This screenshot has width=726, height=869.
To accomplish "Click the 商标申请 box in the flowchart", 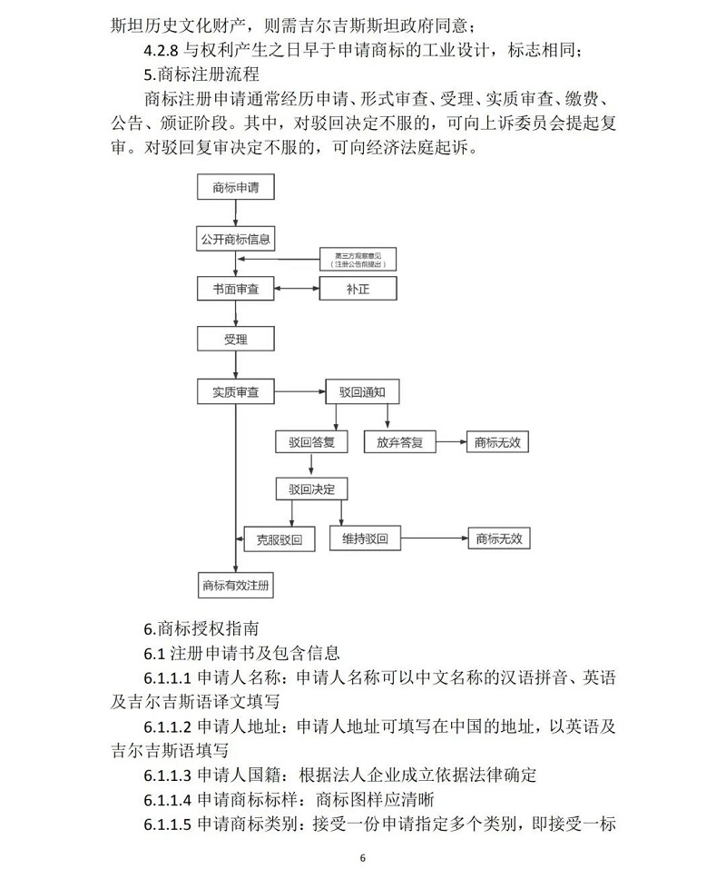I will click(235, 188).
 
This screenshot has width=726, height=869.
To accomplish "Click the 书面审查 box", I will click(235, 289).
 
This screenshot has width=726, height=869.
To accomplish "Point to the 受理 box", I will click(235, 340).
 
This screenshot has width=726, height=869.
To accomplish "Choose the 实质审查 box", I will click(235, 392).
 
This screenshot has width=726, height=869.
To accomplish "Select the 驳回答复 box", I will click(312, 442).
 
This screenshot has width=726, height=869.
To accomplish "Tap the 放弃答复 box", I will click(399, 442).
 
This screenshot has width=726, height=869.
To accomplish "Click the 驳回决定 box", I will click(312, 489).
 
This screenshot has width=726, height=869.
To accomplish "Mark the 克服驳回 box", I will click(279, 538).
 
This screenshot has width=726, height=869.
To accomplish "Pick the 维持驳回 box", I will click(370, 538).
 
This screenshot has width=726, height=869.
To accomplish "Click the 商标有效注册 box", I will click(235, 586).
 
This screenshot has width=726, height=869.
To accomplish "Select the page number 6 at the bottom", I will click(362, 857).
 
